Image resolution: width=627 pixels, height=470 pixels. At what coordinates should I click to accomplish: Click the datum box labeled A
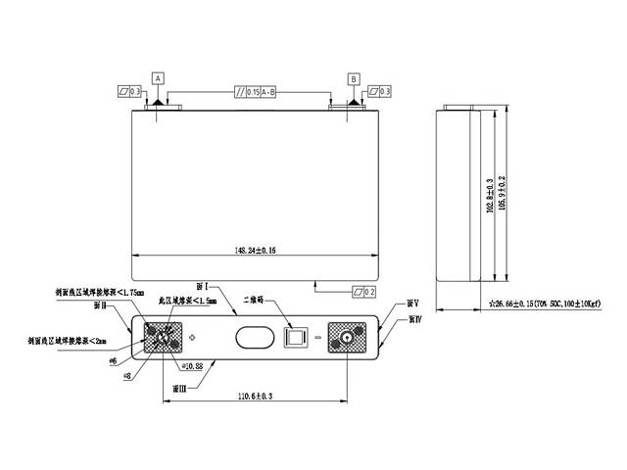click(157, 77)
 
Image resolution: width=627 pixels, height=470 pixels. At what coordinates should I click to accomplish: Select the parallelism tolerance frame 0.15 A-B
click(254, 92)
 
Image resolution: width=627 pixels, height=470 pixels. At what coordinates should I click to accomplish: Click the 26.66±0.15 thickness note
click(545, 305)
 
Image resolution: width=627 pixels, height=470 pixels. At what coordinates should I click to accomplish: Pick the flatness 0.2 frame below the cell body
click(363, 292)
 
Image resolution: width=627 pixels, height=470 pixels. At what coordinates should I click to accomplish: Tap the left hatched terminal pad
click(163, 339)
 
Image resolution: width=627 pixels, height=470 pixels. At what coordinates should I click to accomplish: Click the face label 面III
click(178, 388)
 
